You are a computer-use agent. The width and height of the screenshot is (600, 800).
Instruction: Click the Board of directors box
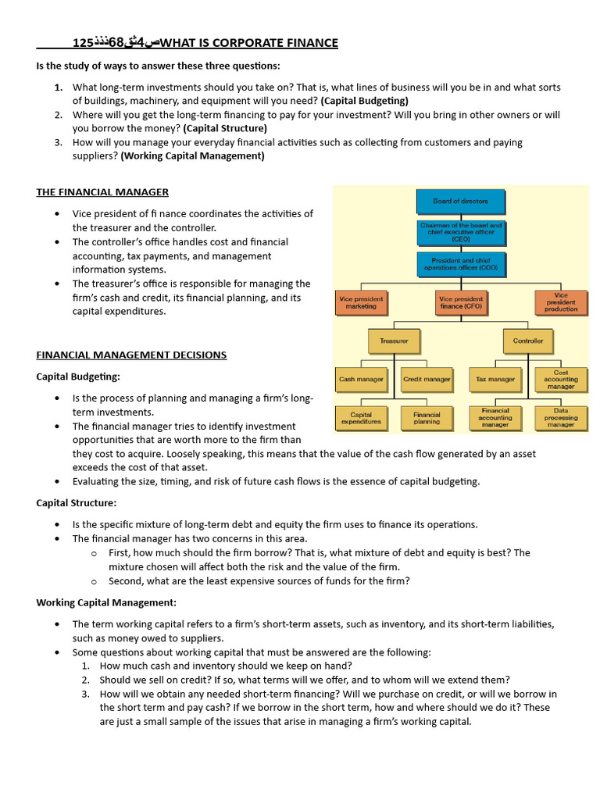point(461,202)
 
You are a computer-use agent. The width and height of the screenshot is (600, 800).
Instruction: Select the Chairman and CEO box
point(461,232)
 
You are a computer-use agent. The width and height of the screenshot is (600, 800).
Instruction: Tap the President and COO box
point(461,264)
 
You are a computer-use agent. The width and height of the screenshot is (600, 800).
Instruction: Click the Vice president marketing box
point(360,302)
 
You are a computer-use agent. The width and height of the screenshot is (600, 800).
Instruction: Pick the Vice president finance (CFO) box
point(461,302)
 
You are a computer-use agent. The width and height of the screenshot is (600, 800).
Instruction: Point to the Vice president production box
point(561,302)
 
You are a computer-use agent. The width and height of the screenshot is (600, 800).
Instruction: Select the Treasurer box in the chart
point(394,341)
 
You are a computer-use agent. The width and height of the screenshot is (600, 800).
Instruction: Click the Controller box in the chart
point(528,341)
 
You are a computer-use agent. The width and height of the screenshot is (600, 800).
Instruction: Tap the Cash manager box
point(361,379)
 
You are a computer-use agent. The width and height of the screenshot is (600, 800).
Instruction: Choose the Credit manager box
point(427,379)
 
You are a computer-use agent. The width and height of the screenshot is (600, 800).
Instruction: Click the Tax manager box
point(495,379)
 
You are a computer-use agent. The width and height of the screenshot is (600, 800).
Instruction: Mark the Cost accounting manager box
point(561,379)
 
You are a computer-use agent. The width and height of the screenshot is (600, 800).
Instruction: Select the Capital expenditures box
point(361,419)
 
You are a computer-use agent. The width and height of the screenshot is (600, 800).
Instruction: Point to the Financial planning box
point(427,419)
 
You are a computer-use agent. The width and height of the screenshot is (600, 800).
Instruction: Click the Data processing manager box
point(561,419)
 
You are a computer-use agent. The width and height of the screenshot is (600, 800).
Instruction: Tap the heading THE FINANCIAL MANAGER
point(102,192)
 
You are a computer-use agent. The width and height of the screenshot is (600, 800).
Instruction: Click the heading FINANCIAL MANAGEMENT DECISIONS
point(131,355)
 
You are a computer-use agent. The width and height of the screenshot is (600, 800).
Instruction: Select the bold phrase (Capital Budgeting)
point(364,101)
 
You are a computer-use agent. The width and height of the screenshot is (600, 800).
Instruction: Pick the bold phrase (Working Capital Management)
point(192,156)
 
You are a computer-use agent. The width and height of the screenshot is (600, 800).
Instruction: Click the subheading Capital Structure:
point(76,503)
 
